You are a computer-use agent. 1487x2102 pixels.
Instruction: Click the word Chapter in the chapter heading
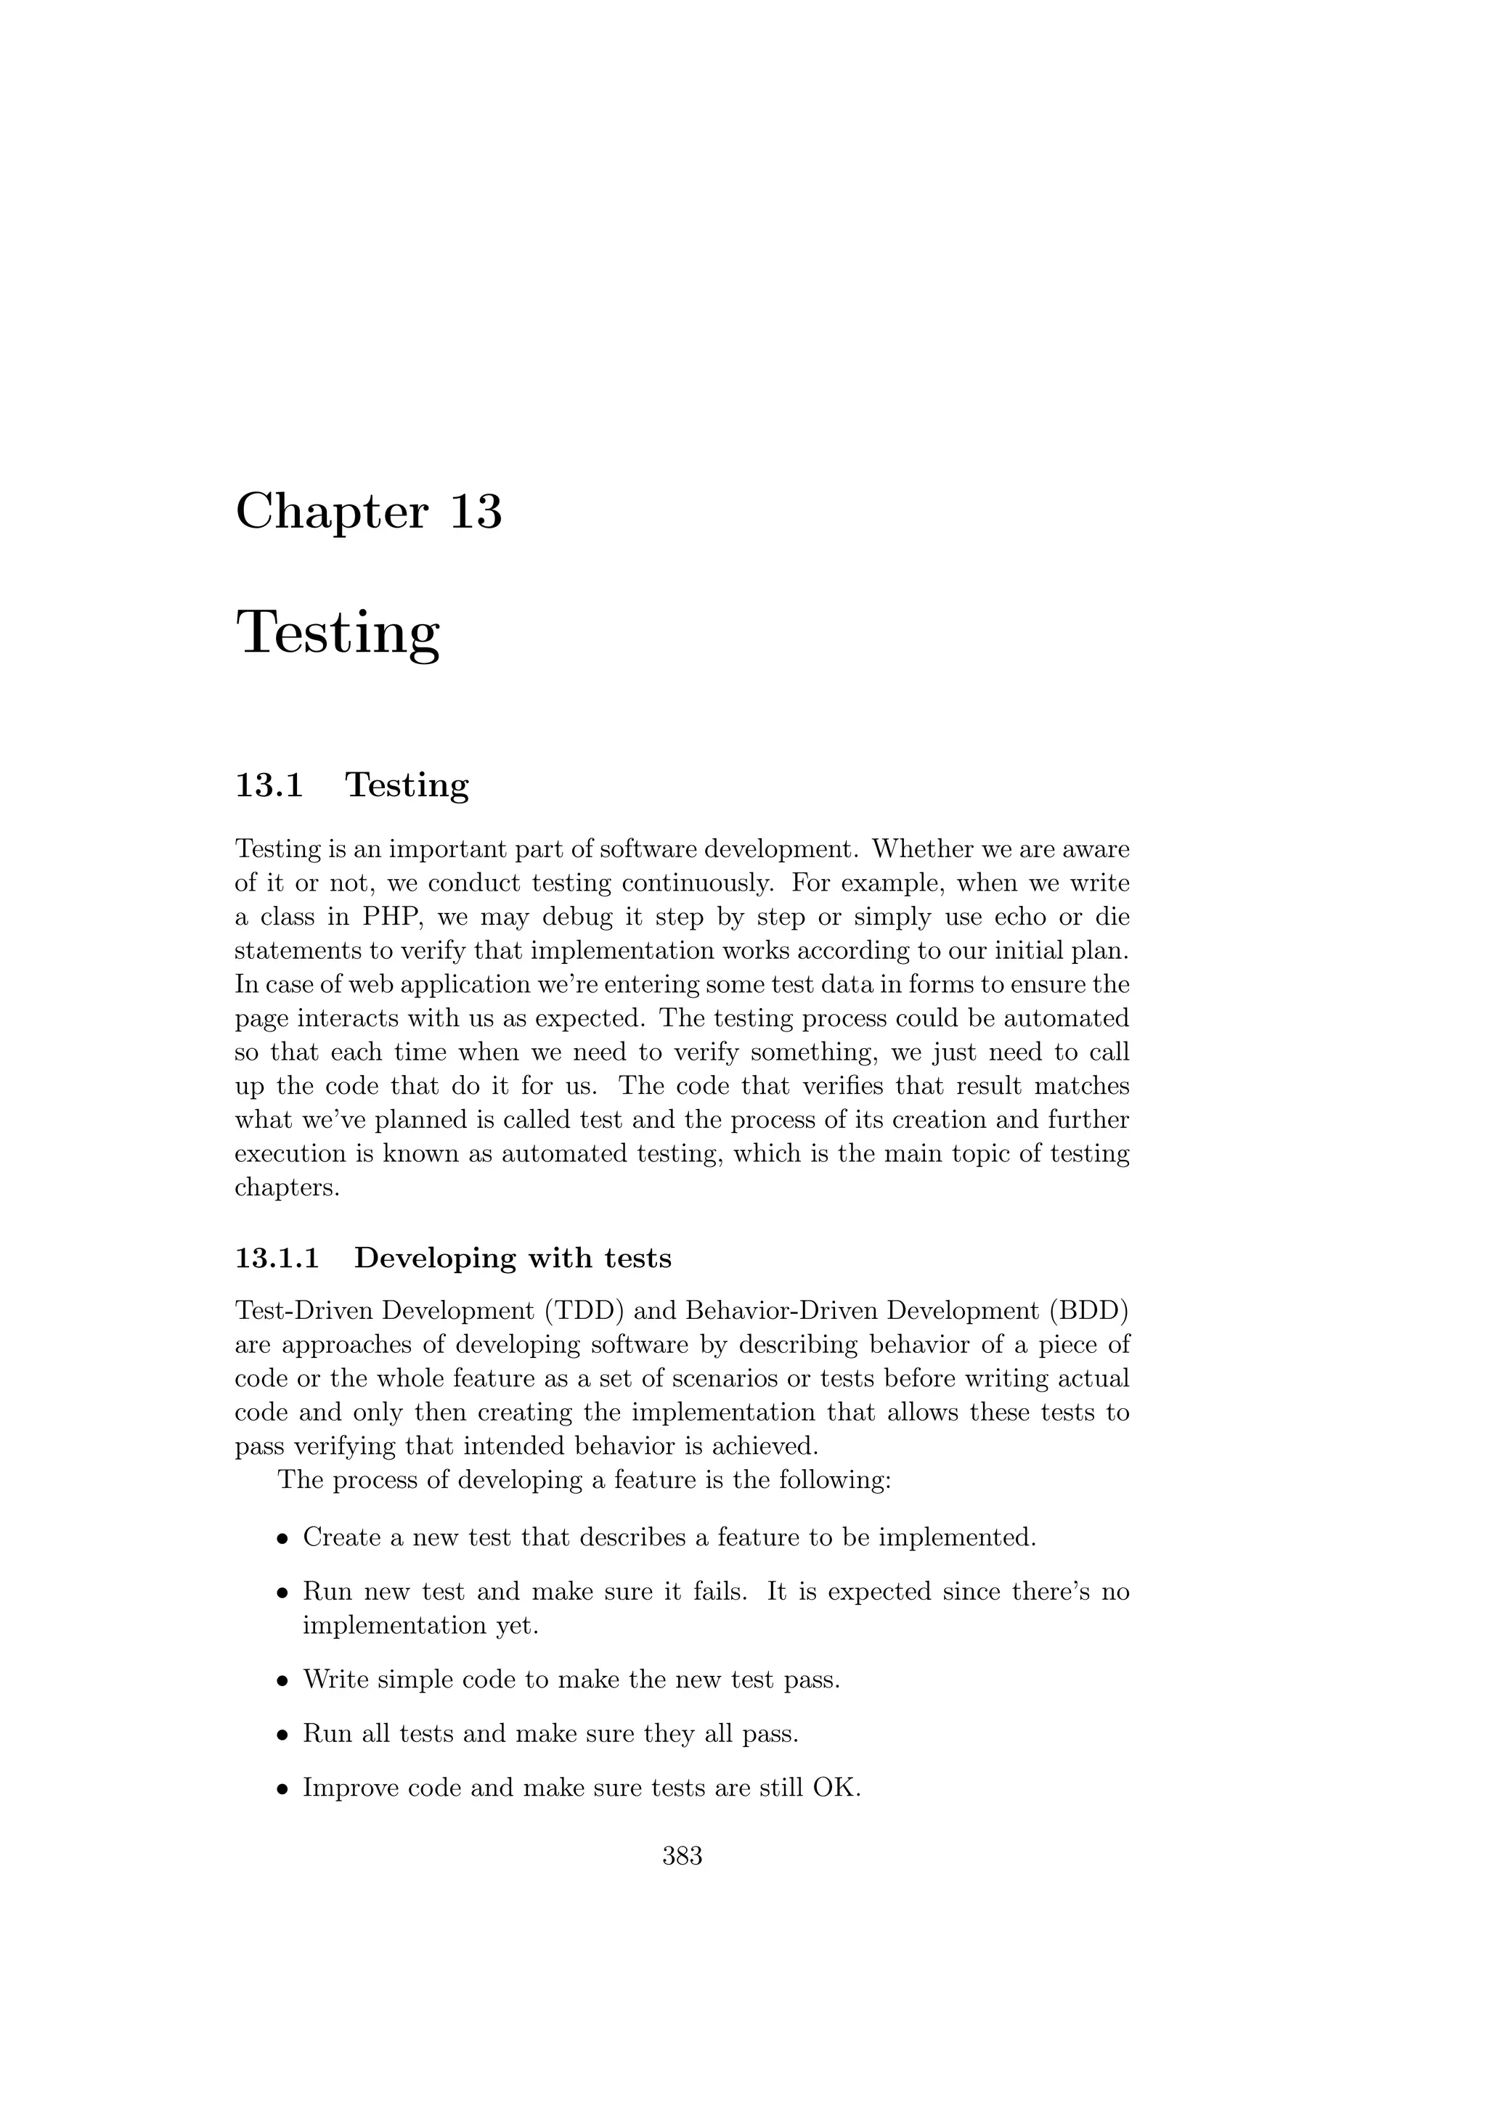coord(332,512)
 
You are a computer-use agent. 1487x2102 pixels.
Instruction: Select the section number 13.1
coord(269,785)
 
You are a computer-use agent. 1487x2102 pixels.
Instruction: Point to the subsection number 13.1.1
coord(277,1258)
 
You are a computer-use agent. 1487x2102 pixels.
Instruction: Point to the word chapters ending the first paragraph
coord(287,1188)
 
